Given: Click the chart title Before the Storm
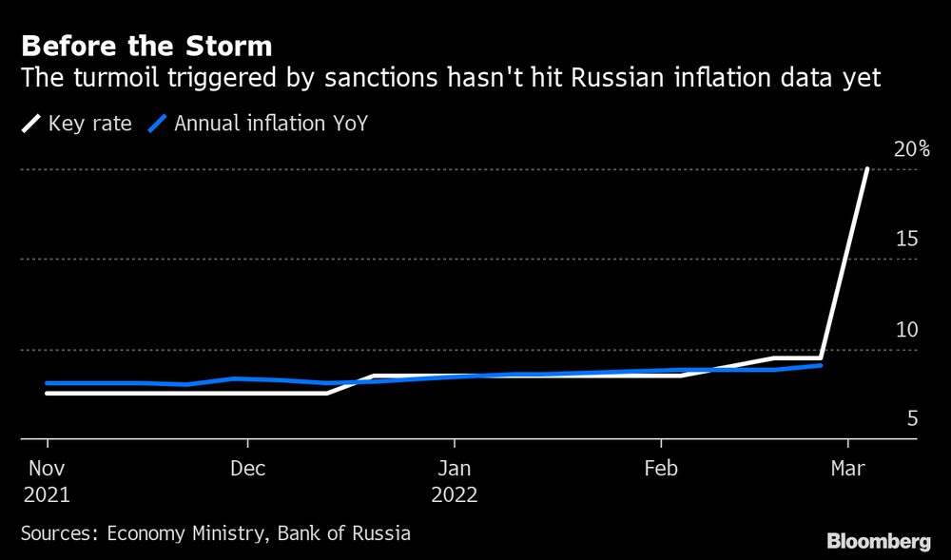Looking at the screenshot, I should [146, 46].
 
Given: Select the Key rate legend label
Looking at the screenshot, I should [89, 123].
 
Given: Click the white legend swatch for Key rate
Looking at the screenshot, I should [32, 123].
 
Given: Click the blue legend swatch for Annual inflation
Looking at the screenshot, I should [160, 123].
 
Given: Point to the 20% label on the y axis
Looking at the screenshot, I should [911, 149].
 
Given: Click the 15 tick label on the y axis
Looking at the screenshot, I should [906, 239].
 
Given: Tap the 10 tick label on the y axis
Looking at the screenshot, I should [906, 329].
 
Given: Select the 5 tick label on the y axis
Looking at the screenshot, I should [911, 418].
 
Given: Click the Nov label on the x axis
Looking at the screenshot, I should [46, 469].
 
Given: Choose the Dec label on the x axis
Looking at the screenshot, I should [247, 469].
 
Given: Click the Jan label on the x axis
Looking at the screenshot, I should [454, 469].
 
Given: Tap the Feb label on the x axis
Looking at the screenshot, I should [661, 469].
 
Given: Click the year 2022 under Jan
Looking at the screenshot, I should [454, 495].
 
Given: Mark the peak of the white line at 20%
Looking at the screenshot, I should [866, 169].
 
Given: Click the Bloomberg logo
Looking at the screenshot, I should [878, 541].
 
